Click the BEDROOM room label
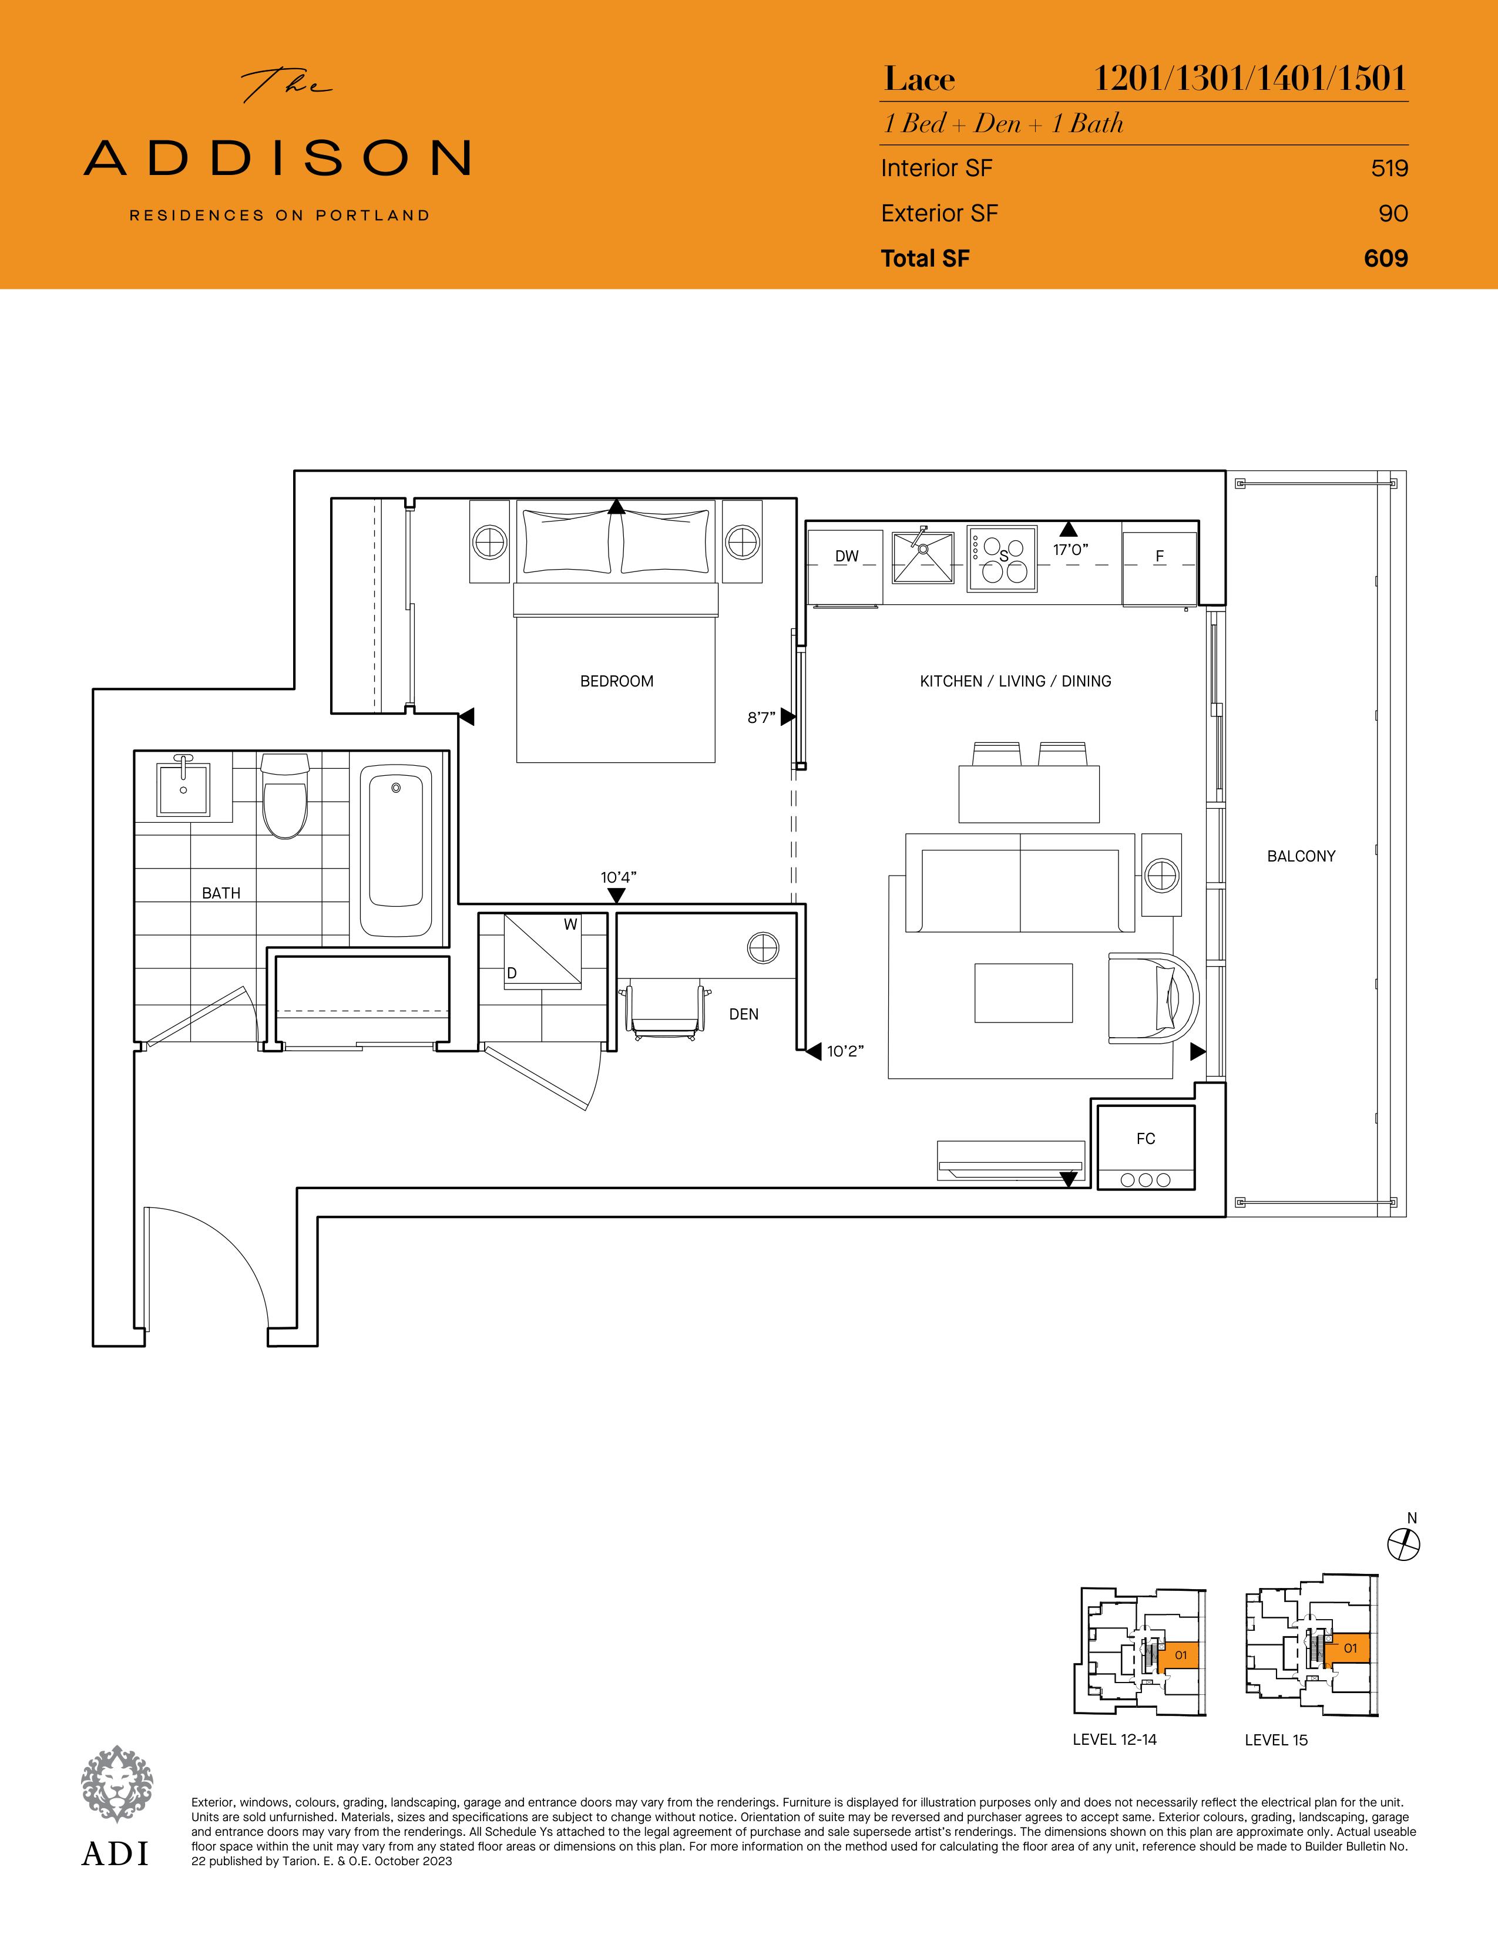coord(617,681)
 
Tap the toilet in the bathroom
coord(285,796)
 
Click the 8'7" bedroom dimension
coord(761,717)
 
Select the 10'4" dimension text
coord(619,877)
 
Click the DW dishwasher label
coord(847,556)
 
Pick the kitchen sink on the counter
coord(923,557)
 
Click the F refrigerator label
coord(1159,556)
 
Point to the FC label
coord(1146,1139)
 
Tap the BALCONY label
coord(1301,856)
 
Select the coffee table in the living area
coord(1023,993)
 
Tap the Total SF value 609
coord(1386,258)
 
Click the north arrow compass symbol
coord(1403,1544)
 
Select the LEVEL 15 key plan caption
coord(1276,1740)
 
